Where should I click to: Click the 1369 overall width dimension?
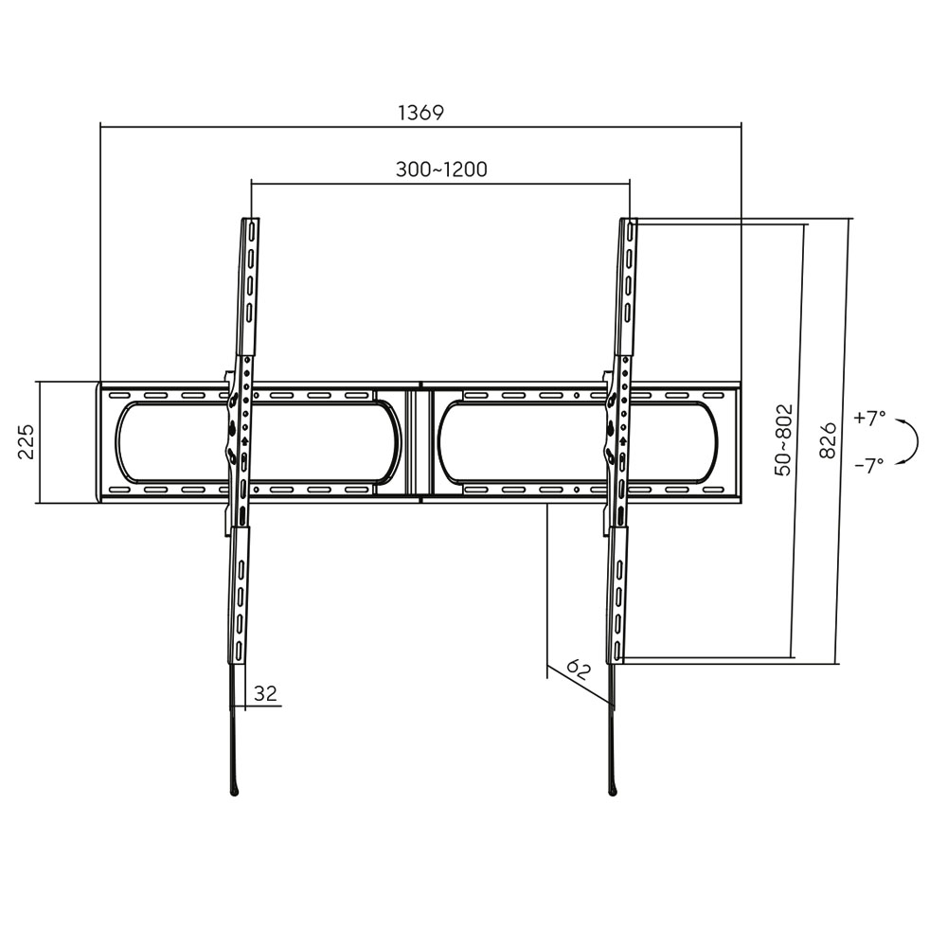pos(420,113)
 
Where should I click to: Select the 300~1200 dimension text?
pos(440,170)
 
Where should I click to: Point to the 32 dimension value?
pos(266,694)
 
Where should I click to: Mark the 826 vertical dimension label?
pos(827,440)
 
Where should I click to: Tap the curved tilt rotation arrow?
pos(910,441)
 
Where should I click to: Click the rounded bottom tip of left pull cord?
pos(234,788)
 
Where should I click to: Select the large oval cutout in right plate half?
pos(578,441)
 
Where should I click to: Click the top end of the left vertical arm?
pos(251,225)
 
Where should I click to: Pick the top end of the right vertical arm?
pos(629,225)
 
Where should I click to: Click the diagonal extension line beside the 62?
pos(580,685)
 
